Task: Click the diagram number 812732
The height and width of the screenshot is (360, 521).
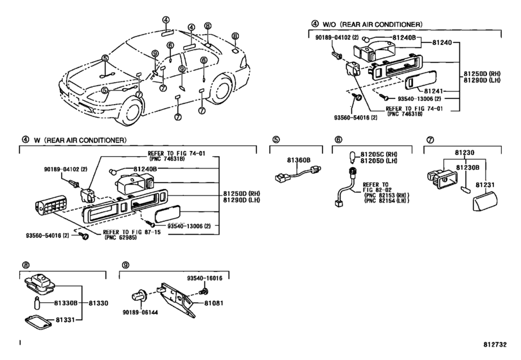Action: tap(495, 345)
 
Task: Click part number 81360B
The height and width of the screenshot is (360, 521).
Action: tap(299, 160)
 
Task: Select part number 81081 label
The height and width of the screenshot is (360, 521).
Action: tap(214, 303)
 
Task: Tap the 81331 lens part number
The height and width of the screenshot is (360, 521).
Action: tap(65, 319)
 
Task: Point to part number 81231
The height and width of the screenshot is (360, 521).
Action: tap(485, 184)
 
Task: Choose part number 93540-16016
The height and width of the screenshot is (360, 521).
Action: tap(204, 278)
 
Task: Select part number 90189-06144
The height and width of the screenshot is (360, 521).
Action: tap(140, 312)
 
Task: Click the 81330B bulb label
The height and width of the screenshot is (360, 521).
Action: tap(66, 303)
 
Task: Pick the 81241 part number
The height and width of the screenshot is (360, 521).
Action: tap(433, 91)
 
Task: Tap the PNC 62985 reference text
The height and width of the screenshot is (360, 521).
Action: tap(121, 238)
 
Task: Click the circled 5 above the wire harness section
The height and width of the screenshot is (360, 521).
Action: tap(276, 139)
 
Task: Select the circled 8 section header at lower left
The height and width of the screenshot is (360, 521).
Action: tap(26, 265)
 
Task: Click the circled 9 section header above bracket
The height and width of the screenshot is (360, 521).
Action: tap(126, 265)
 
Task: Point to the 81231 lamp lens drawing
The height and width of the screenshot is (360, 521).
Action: tap(485, 201)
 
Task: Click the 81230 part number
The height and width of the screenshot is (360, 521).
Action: tap(464, 152)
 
